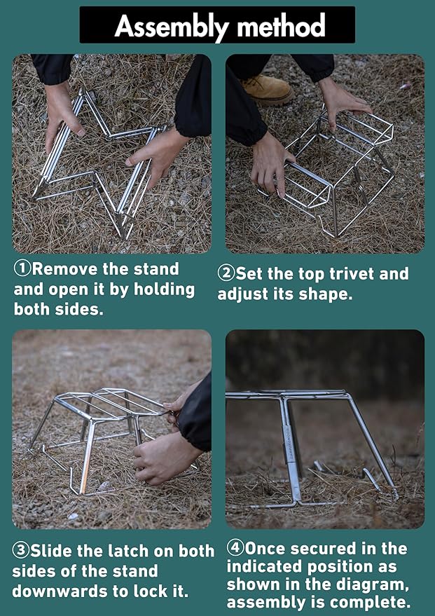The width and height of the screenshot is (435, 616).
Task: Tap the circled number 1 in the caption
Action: pos(22,269)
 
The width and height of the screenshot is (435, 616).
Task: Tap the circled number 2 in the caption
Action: pos(226,274)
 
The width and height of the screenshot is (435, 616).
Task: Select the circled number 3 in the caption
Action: pos(21,551)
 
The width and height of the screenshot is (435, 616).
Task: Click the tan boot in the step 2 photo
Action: pos(266,90)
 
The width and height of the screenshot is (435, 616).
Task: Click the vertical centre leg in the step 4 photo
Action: pos(291,449)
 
